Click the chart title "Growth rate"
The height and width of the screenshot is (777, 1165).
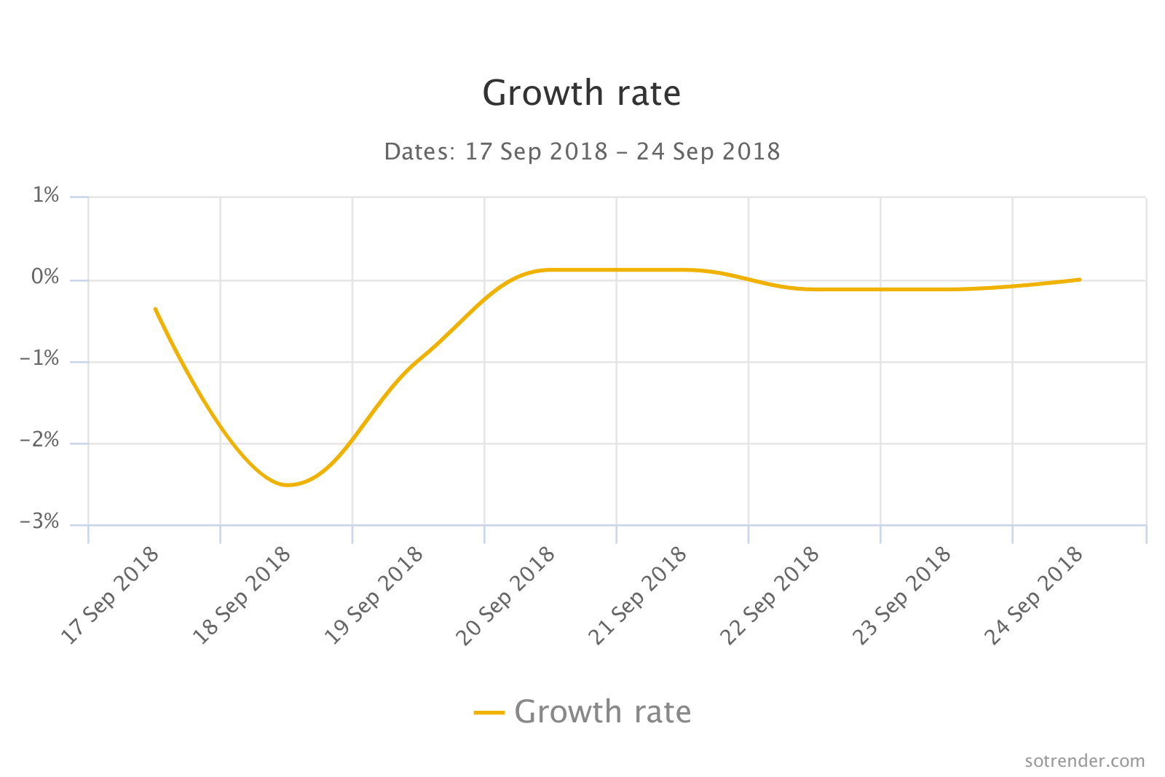pyautogui.click(x=581, y=93)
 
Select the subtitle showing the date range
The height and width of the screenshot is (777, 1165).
pyautogui.click(x=582, y=151)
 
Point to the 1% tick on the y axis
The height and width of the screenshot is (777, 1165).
pyautogui.click(x=46, y=195)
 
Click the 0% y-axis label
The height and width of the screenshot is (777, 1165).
pyautogui.click(x=46, y=277)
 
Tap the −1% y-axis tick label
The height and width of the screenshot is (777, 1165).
pyautogui.click(x=40, y=359)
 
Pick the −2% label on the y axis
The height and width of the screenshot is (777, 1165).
pyautogui.click(x=40, y=441)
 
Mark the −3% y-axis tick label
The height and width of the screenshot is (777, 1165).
pyautogui.click(x=40, y=522)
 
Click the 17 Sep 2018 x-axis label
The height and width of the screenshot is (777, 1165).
pyautogui.click(x=111, y=596)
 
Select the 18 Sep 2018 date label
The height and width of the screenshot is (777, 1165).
pyautogui.click(x=242, y=596)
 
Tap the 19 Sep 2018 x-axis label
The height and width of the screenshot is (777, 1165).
pyautogui.click(x=374, y=596)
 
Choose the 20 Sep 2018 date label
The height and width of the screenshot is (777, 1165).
pyautogui.click(x=507, y=596)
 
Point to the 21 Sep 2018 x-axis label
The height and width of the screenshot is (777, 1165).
pyautogui.click(x=639, y=596)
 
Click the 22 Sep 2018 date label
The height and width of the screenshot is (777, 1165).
pyautogui.click(x=770, y=596)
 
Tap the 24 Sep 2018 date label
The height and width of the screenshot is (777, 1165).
pyautogui.click(x=1035, y=596)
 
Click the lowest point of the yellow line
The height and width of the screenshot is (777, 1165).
pyautogui.click(x=288, y=485)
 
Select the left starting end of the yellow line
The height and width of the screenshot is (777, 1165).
pyautogui.click(x=155, y=309)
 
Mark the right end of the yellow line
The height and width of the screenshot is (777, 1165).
pyautogui.click(x=1079, y=280)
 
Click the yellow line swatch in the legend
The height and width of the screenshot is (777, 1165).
pyautogui.click(x=489, y=712)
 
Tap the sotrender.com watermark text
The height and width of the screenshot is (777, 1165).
pyautogui.click(x=1084, y=761)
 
